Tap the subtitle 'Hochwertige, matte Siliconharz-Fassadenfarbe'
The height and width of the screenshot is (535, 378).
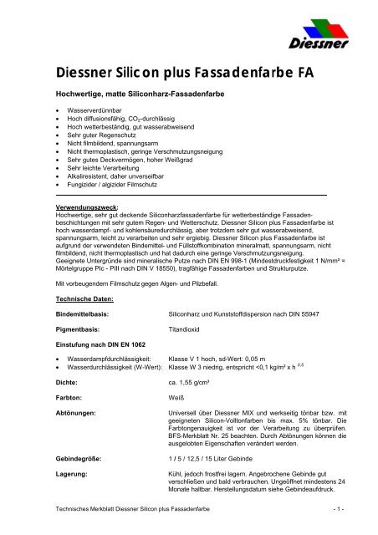click(151, 94)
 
